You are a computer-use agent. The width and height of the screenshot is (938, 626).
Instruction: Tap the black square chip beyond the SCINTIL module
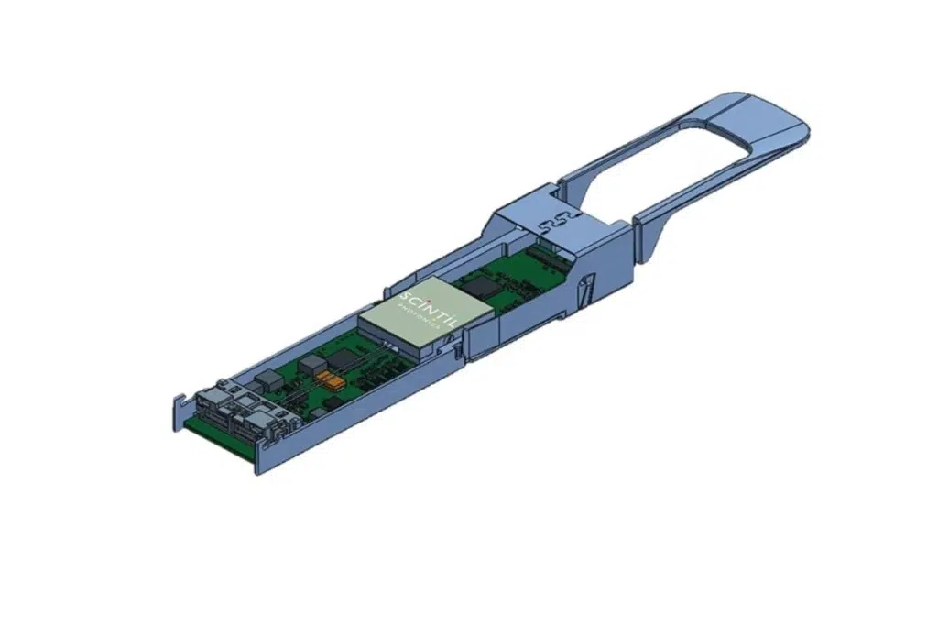point(477,286)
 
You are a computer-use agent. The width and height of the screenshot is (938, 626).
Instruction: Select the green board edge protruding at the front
point(220,438)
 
